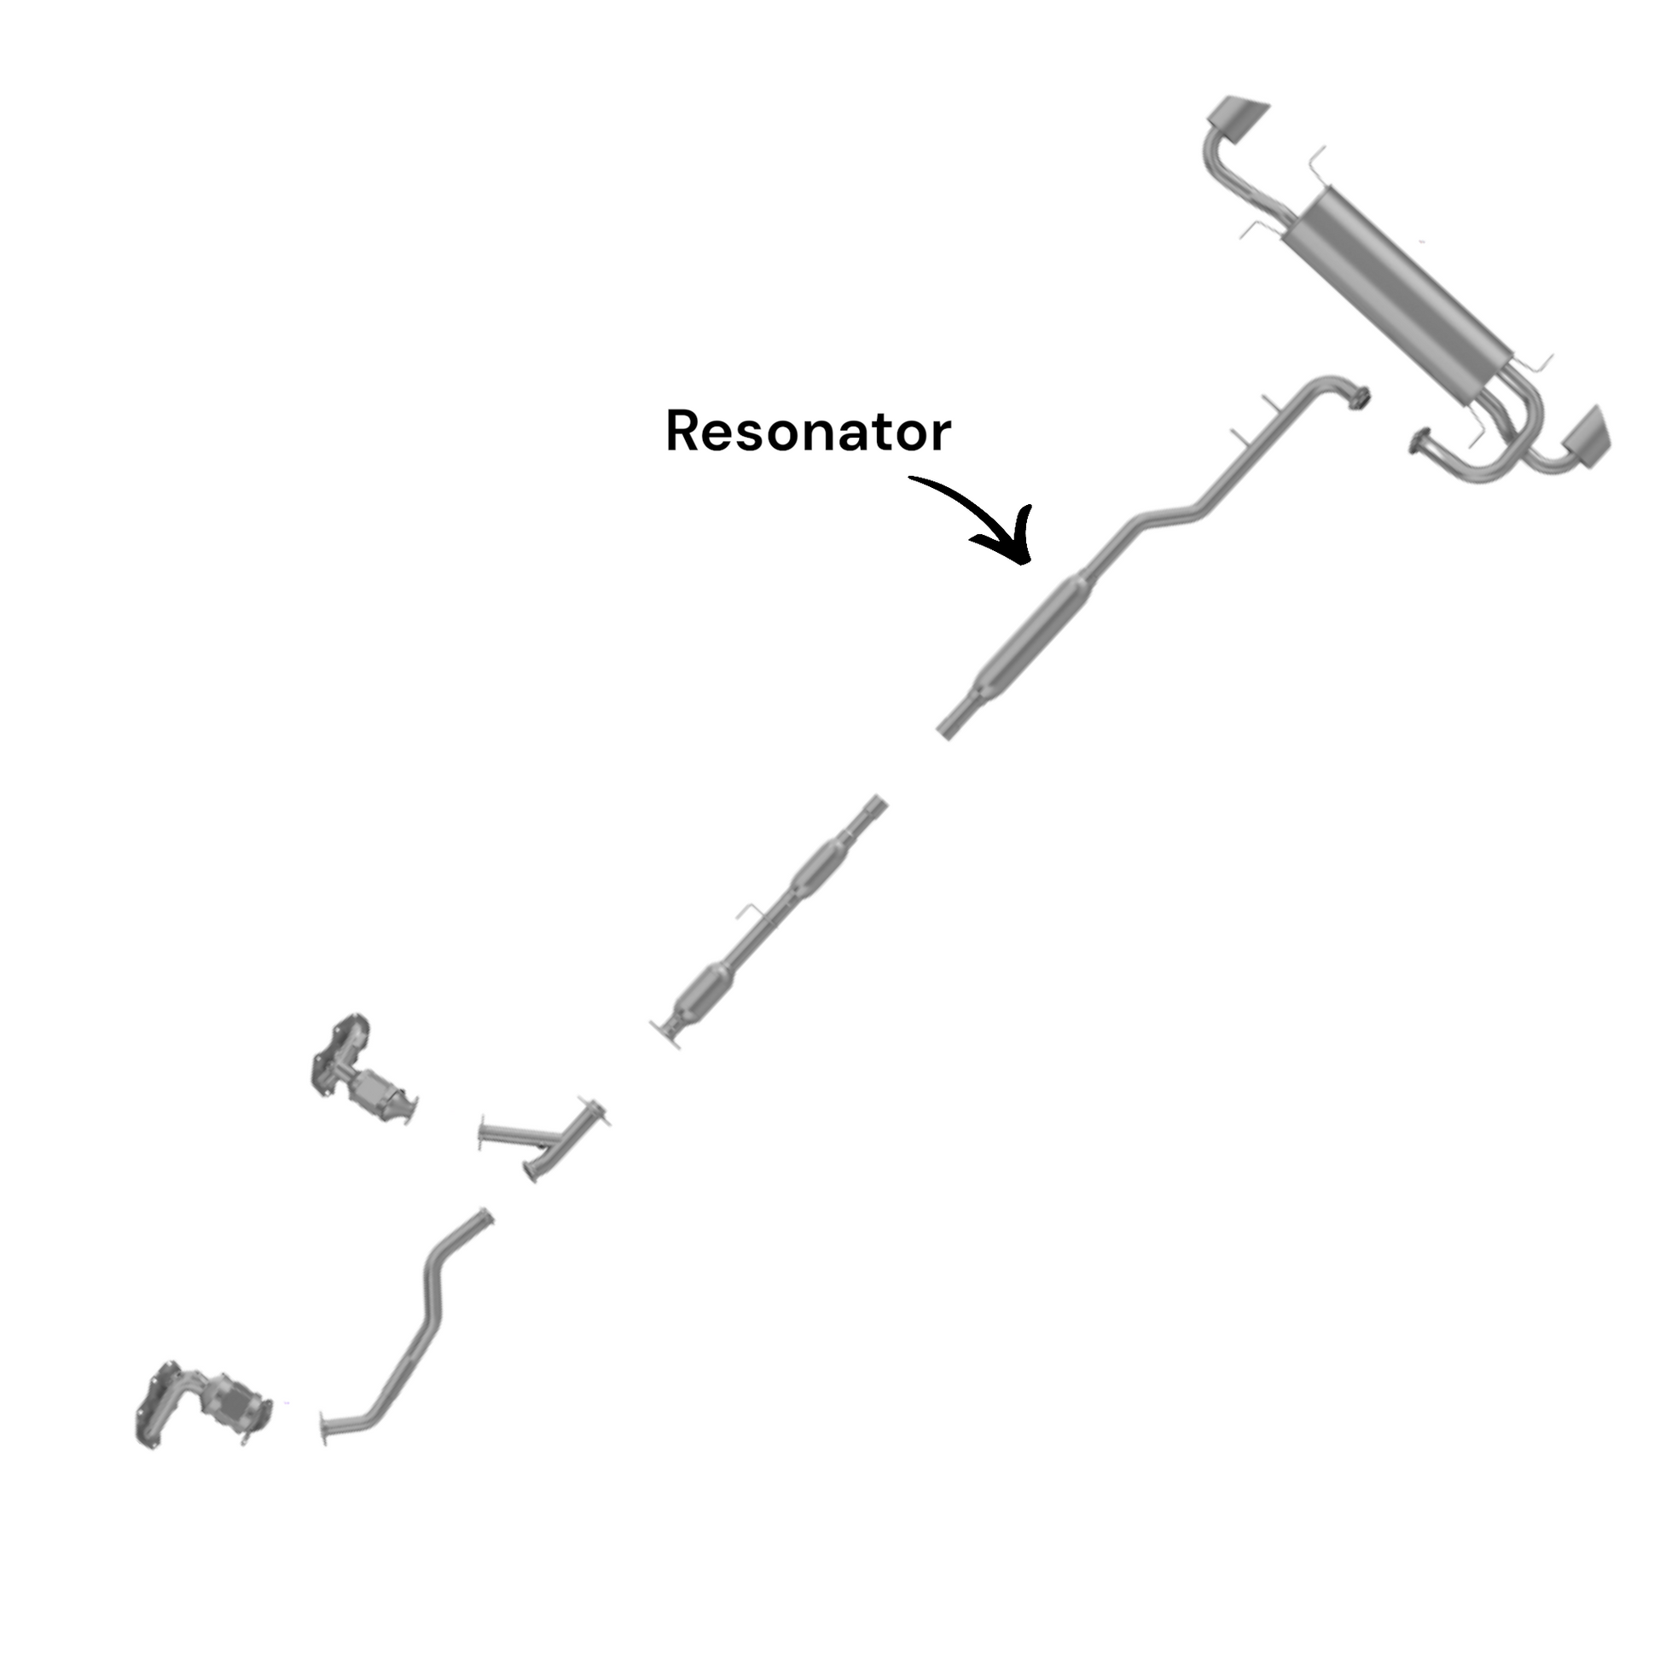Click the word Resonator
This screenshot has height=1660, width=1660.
[808, 432]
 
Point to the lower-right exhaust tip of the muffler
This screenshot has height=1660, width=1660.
[1586, 438]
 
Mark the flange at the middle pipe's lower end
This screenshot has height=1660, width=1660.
[667, 1032]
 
